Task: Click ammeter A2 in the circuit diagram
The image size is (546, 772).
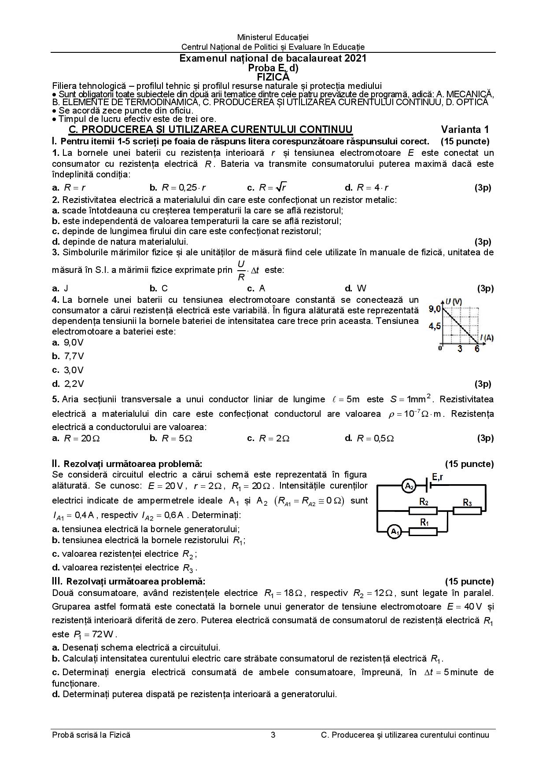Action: point(409,486)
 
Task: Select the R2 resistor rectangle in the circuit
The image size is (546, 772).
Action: point(423,511)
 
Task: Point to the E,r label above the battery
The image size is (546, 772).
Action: point(437,477)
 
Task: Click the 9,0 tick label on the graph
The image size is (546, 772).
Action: point(435,309)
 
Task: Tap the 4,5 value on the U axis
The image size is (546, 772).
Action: point(435,326)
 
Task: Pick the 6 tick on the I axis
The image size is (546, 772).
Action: point(476,349)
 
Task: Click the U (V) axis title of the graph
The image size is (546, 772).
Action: point(454,301)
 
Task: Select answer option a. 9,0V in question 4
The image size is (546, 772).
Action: point(68,342)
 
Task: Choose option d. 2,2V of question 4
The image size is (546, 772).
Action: point(68,384)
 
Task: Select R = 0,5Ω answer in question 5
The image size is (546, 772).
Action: point(370,438)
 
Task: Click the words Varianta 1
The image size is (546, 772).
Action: point(465,129)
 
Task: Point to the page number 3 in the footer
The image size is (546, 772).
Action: point(273,735)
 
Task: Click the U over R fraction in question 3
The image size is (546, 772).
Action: point(241,270)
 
